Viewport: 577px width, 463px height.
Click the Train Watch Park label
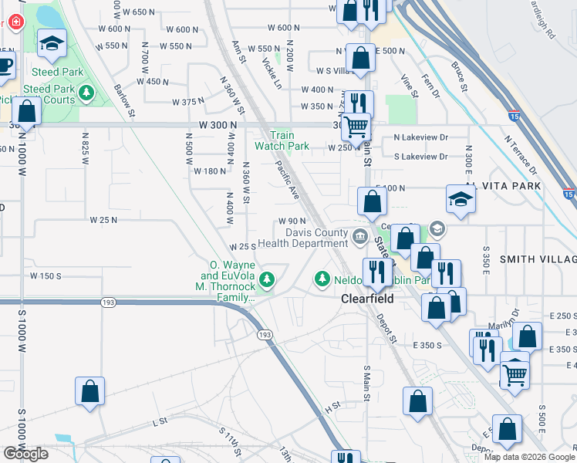click(282, 140)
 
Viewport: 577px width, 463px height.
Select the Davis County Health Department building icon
click(359, 236)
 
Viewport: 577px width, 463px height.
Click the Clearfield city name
click(368, 298)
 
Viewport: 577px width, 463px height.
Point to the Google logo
click(25, 454)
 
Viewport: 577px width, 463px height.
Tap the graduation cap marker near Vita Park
click(461, 200)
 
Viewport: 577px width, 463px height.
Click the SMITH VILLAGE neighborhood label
click(537, 259)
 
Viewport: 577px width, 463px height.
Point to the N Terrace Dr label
click(521, 154)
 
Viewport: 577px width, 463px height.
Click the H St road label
click(332, 406)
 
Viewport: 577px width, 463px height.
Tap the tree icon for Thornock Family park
click(267, 279)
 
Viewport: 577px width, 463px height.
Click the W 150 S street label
click(46, 275)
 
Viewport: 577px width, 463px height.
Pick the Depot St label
click(386, 328)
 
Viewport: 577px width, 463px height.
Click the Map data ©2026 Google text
click(529, 457)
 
